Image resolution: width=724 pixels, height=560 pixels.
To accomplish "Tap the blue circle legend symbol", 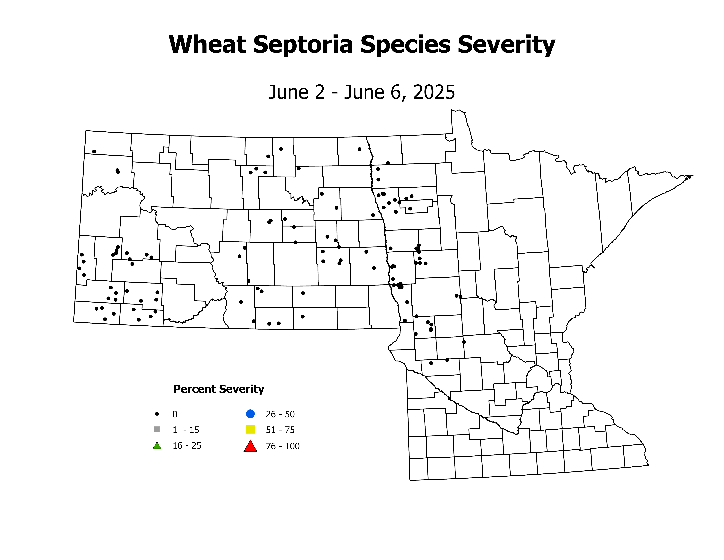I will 250,414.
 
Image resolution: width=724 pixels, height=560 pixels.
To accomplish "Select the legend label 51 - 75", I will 280,430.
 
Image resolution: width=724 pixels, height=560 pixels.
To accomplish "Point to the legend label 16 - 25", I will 187,446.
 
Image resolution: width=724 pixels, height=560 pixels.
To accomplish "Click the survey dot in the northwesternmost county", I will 94,151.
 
